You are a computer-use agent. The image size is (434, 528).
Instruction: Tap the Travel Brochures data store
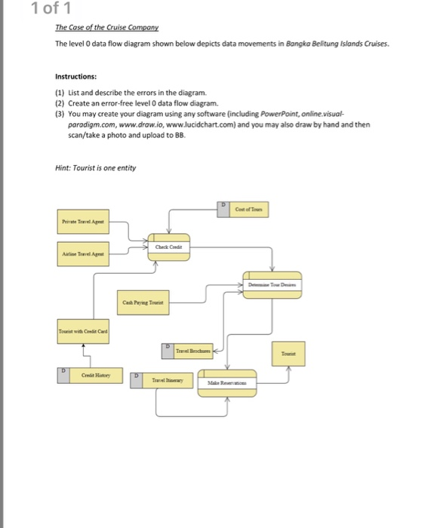192,351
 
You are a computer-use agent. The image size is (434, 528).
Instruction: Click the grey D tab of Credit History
63,375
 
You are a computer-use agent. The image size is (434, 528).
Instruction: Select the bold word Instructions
76,76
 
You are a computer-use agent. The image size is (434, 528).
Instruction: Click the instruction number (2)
61,102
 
